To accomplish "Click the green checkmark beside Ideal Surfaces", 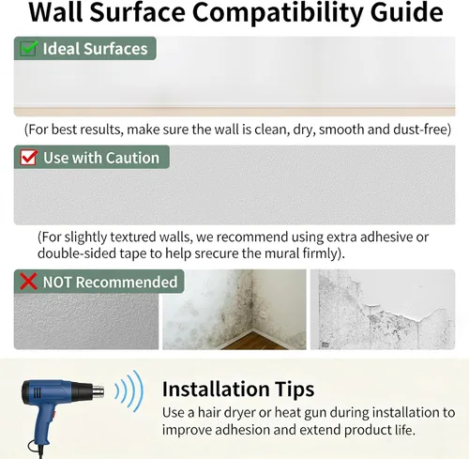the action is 29,48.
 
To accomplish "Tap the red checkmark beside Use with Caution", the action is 29,157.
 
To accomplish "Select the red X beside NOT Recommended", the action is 28,281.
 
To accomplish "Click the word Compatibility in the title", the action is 278,12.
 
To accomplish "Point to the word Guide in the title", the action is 406,12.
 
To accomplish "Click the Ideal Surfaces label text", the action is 95,49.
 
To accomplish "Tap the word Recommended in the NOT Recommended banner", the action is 127,282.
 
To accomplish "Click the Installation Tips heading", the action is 238,390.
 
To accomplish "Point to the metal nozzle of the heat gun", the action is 98,391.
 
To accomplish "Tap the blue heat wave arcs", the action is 129,391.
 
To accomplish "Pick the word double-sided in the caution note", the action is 77,252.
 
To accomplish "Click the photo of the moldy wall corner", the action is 234,309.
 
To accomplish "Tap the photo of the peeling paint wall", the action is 383,309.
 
